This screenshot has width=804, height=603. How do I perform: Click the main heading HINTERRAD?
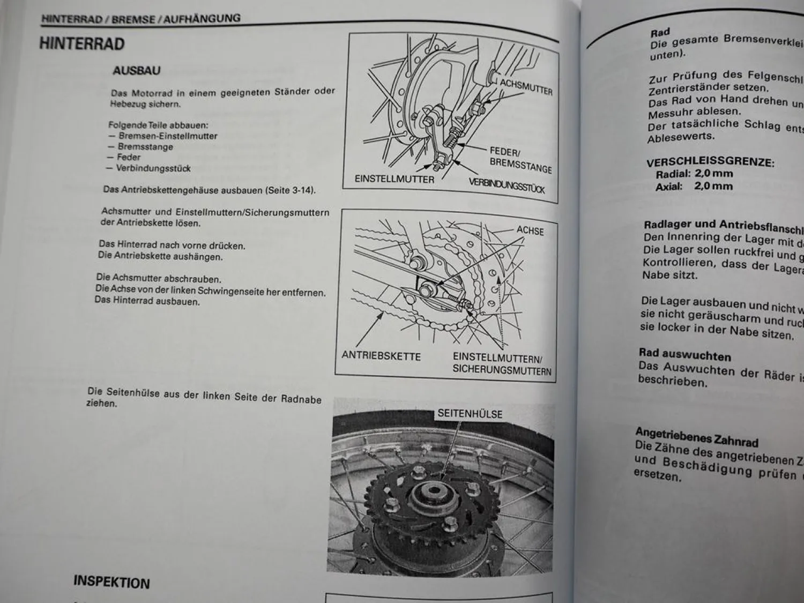[x=82, y=43]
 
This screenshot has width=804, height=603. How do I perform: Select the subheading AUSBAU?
[x=136, y=70]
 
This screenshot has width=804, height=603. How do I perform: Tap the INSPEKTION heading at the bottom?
[x=111, y=582]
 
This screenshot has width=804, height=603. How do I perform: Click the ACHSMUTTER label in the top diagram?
[x=526, y=87]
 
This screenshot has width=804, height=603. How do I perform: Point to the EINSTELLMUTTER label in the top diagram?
[x=394, y=179]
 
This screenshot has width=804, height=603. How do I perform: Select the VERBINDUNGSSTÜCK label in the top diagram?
[x=507, y=185]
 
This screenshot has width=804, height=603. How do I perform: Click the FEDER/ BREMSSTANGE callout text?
[x=519, y=160]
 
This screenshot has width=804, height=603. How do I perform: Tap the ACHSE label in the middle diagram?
[x=530, y=230]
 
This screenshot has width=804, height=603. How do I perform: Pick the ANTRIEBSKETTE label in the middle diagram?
[x=381, y=356]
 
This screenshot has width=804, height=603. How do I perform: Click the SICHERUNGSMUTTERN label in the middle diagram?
[x=502, y=370]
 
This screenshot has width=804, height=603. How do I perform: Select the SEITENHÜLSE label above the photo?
[x=470, y=413]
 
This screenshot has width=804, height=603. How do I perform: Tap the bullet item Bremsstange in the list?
[x=145, y=146]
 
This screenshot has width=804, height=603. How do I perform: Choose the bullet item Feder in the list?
[x=129, y=157]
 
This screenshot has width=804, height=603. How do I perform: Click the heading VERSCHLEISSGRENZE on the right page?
[x=710, y=162]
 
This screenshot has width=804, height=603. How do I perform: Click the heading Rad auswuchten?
[x=684, y=355]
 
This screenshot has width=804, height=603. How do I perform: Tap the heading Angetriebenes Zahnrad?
[x=696, y=437]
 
